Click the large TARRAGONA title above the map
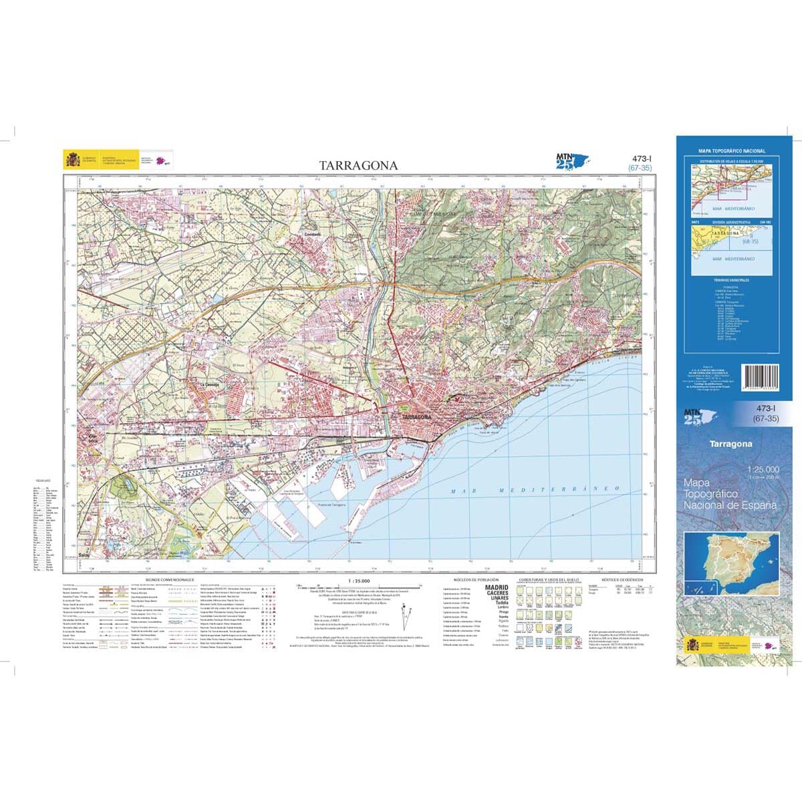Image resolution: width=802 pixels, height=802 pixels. [358, 165]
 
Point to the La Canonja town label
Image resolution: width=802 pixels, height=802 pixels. [203, 384]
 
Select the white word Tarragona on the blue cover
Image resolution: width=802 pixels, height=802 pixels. [730, 444]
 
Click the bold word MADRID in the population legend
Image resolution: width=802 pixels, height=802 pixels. [496, 587]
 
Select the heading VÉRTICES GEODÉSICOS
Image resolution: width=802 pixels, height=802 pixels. [622, 579]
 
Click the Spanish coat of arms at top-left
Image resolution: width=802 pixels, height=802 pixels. [72, 160]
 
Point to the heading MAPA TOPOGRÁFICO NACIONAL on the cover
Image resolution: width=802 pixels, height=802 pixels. [732, 152]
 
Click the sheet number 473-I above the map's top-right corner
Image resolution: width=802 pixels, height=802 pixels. [642, 159]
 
